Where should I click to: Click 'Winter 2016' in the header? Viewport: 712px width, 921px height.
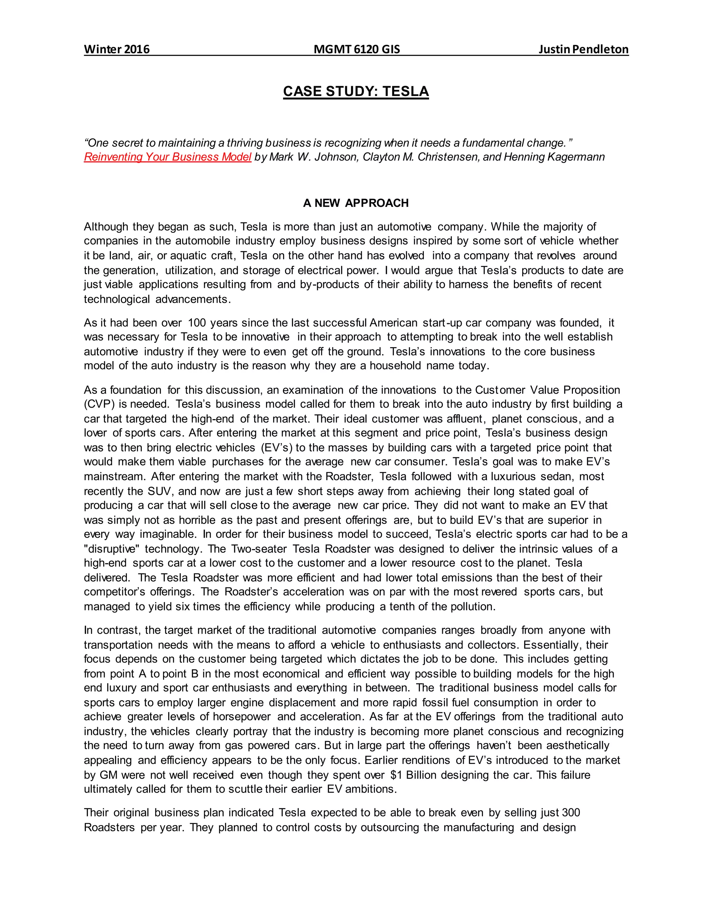117,49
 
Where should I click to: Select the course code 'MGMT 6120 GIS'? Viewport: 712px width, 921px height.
357,49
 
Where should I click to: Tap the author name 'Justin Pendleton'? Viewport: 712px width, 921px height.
583,49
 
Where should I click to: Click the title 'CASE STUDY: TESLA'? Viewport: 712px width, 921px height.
356,91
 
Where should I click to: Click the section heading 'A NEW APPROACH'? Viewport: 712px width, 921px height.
356,203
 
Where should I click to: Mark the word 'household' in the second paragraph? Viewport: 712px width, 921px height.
395,366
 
